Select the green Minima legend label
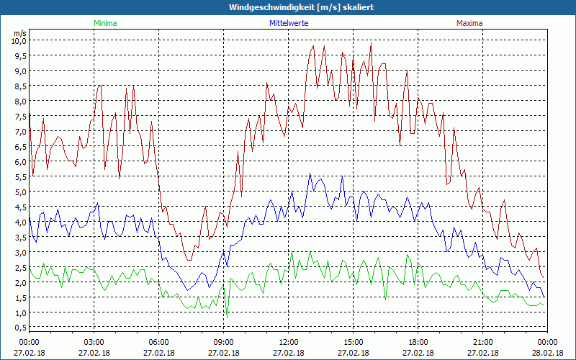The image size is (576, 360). (105, 23)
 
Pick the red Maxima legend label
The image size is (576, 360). (470, 23)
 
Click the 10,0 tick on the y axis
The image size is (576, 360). (18, 41)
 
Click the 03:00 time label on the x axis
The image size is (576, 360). (94, 342)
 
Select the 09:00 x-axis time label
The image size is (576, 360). (224, 342)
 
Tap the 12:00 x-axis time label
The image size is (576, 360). (289, 342)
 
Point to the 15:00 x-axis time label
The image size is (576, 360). (354, 342)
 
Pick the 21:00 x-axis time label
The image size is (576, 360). (483, 342)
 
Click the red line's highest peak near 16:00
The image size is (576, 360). (372, 43)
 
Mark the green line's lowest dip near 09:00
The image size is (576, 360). (227, 316)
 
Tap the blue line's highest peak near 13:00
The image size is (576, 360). (310, 174)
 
